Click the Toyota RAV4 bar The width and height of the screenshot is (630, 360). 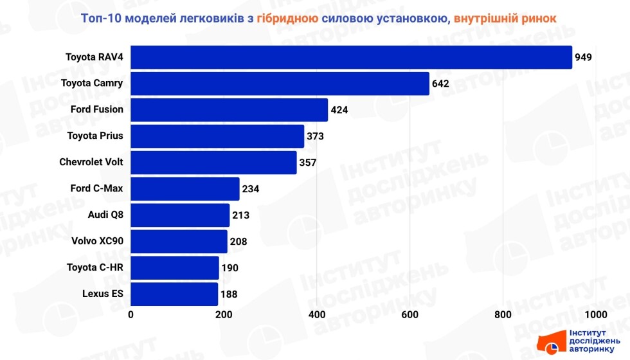[x=351, y=57]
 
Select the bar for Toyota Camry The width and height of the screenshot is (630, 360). [x=280, y=84]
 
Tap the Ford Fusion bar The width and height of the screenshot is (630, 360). [x=229, y=110]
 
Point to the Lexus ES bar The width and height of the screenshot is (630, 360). [x=174, y=294]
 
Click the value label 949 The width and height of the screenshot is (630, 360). [x=583, y=57]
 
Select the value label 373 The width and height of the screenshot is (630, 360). [x=315, y=136]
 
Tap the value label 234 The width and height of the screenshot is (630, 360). [x=251, y=189]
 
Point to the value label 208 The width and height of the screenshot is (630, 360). [x=239, y=242]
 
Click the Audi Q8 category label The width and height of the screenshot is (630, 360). [x=105, y=215]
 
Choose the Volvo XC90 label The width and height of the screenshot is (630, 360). [x=98, y=241]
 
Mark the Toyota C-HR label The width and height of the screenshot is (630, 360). [x=95, y=267]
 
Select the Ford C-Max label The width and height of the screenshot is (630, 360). [x=96, y=188]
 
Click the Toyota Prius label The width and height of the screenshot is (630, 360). [x=95, y=136]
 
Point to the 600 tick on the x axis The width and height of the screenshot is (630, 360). [x=410, y=314]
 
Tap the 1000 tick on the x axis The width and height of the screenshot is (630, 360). [x=595, y=314]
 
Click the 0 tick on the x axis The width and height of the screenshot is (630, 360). [x=131, y=314]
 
